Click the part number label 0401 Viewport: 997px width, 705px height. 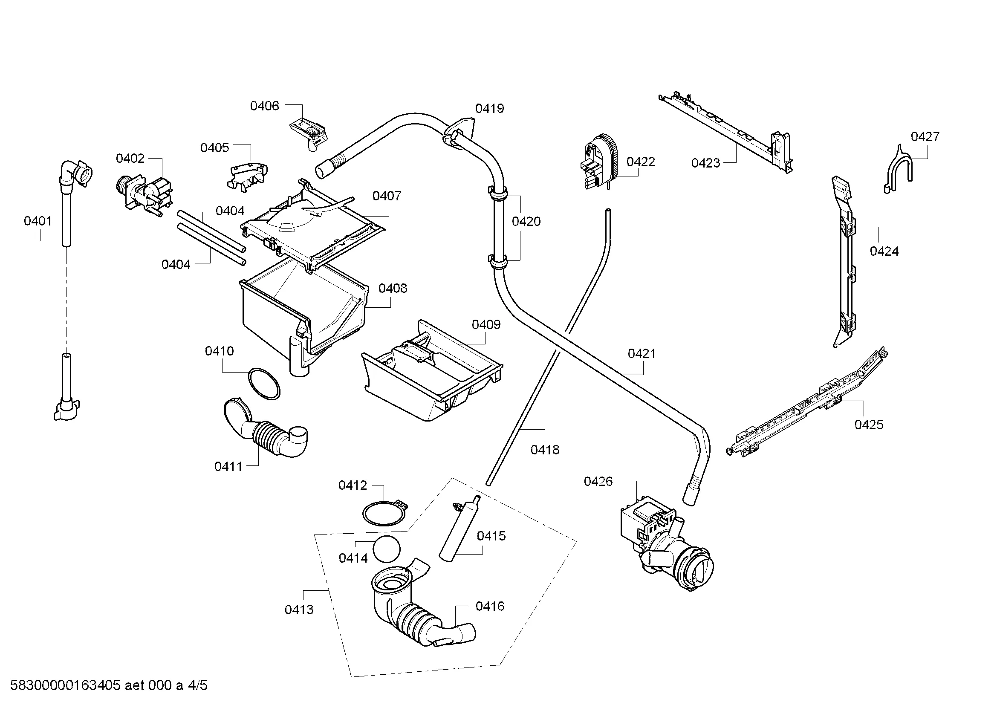[x=38, y=221]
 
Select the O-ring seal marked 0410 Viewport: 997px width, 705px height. [x=263, y=384]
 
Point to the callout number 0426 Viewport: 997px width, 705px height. [x=598, y=481]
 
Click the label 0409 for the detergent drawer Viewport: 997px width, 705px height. [x=486, y=325]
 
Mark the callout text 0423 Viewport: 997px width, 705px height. [x=705, y=163]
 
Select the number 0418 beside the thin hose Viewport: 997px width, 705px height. [x=545, y=450]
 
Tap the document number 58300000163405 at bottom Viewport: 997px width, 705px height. [x=65, y=685]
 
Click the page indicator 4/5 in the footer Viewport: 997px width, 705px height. [x=198, y=685]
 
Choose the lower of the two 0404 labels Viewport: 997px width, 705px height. [x=176, y=264]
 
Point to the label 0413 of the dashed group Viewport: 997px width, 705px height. [x=299, y=610]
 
